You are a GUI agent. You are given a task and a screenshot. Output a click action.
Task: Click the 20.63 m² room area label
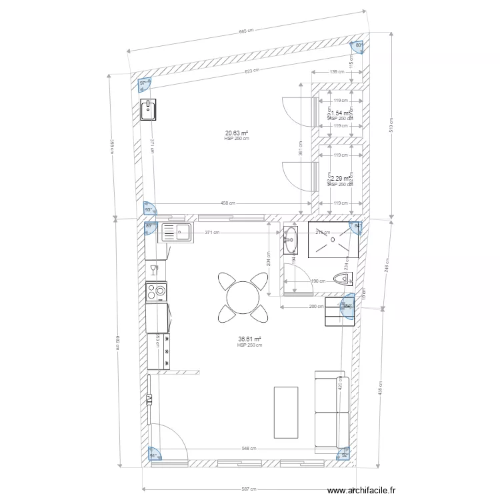coord(237,133)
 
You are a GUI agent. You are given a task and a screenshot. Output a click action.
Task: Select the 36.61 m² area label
coord(249,339)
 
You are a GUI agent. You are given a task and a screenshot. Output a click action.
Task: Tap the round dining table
coord(241,296)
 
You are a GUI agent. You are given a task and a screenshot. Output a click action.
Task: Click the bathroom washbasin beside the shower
coord(291,241)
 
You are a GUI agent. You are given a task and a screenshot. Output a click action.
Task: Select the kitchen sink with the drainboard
coord(175,233)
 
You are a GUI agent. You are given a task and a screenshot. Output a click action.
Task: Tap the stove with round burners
coord(157,291)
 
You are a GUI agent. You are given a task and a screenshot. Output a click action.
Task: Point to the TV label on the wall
coord(149,399)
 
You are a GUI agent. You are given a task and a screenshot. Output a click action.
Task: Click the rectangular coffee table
coord(287,411)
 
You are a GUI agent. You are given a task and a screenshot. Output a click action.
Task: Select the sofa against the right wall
coord(331,409)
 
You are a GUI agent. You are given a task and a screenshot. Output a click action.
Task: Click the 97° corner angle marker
coord(143,84)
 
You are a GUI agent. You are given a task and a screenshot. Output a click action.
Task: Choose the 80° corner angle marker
coord(359,45)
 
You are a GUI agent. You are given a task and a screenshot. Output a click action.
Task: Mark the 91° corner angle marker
coord(153,455)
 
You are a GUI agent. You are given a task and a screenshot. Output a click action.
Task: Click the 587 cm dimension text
coord(249,489)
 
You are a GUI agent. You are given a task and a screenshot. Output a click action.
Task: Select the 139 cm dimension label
coord(337,72)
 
